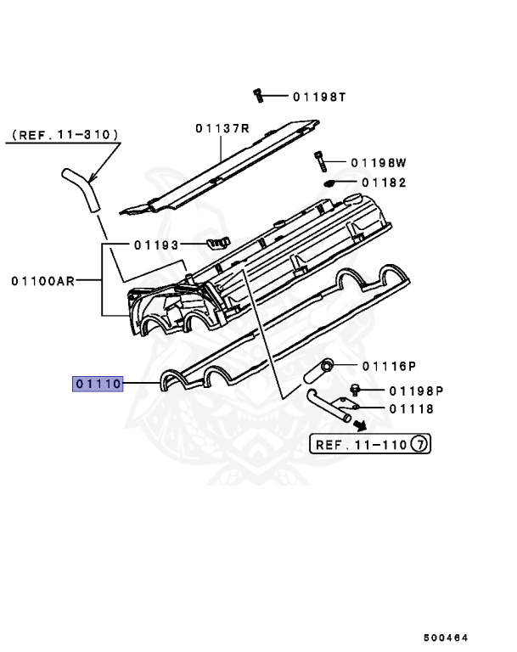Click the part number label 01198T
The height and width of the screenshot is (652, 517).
[320, 97]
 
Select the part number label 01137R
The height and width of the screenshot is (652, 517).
[222, 129]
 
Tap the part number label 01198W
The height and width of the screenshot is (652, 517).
[379, 162]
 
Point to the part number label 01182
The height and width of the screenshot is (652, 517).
[384, 183]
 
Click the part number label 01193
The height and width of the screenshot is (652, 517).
[156, 245]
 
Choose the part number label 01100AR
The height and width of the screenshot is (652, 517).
[42, 280]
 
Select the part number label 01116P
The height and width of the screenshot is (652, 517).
[389, 367]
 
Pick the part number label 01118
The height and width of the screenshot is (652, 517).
[412, 408]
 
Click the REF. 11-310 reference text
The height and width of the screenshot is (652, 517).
[65, 135]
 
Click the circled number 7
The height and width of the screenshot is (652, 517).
[419, 444]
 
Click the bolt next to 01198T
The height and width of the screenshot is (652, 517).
[257, 95]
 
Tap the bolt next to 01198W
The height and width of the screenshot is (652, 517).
[319, 160]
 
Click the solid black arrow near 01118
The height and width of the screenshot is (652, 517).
[360, 426]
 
